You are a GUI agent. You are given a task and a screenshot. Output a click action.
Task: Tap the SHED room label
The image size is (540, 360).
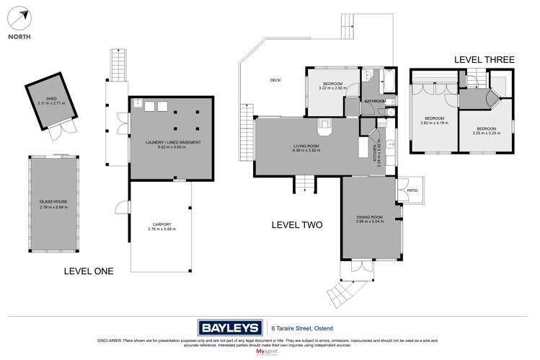tap(50, 100)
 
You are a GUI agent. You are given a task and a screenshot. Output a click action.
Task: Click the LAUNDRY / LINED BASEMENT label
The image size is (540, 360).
tap(172, 142)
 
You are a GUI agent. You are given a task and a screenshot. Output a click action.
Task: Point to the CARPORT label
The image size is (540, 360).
tap(160, 224)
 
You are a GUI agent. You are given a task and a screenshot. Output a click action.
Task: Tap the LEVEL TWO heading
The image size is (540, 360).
tap(296, 224)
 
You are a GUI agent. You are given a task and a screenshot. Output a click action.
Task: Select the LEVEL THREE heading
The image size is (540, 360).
tap(483, 60)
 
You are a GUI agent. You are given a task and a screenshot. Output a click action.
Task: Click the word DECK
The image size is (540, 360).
tap(275, 80)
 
